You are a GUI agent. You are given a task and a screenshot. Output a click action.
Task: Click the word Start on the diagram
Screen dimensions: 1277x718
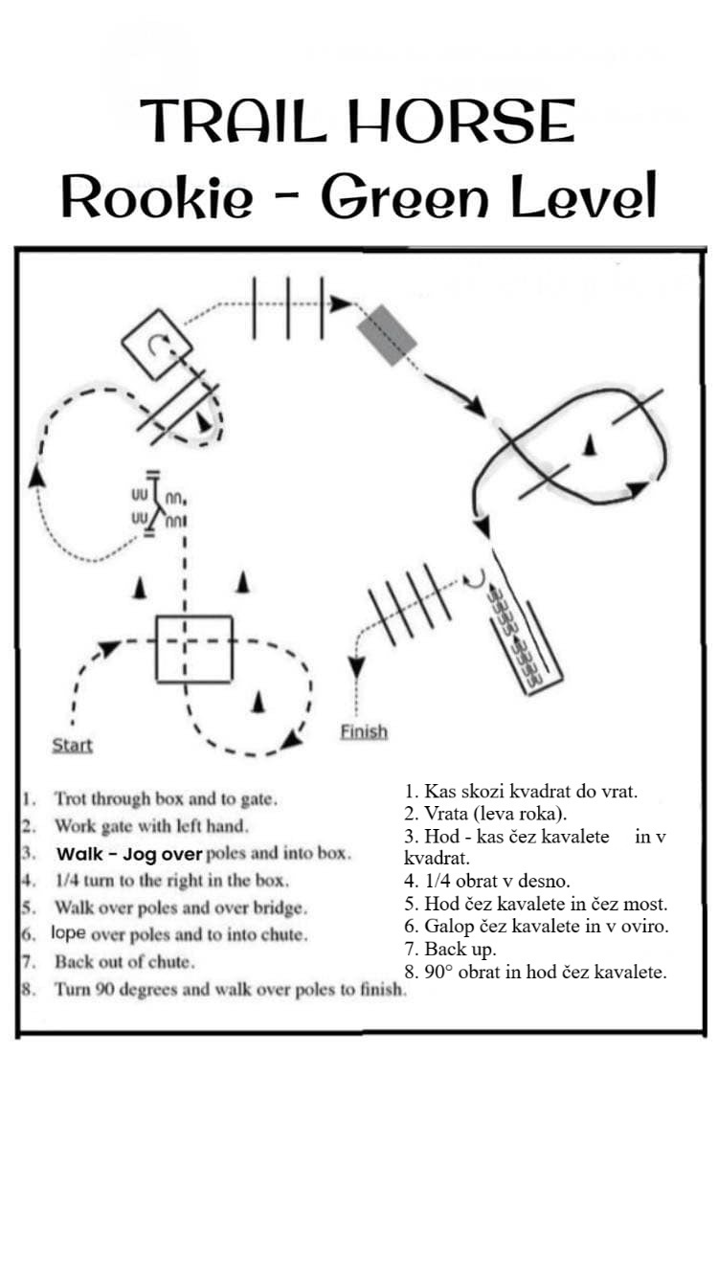72,745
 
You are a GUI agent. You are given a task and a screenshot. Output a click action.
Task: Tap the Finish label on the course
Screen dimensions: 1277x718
364,731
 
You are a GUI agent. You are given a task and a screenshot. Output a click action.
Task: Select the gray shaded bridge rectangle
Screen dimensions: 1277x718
387,335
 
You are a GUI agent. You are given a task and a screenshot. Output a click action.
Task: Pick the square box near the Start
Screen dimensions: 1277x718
194,648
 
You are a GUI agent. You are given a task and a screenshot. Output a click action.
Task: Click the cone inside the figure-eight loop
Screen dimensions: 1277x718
590,443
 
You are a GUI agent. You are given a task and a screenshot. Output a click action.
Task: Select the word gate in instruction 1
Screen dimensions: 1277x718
259,798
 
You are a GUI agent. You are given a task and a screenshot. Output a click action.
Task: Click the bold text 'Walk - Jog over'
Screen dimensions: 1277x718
129,853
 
